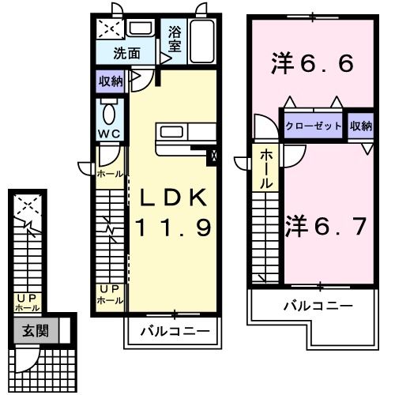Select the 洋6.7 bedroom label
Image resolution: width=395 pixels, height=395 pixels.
[x=324, y=227]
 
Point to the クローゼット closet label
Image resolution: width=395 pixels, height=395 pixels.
[x=314, y=126]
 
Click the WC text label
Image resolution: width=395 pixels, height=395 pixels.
[x=109, y=134]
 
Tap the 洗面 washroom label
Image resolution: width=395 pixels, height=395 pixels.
[x=126, y=55]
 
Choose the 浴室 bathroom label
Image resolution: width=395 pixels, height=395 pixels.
[x=175, y=40]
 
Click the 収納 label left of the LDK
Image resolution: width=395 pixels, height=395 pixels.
[x=111, y=81]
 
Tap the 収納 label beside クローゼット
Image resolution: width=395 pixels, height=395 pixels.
[x=360, y=126]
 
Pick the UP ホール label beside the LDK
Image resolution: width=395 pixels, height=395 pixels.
[x=109, y=294]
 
